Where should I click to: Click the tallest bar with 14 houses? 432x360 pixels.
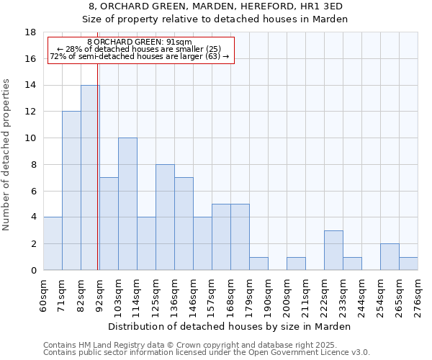pyautogui.click(x=90, y=178)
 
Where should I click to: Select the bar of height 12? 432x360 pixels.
pyautogui.click(x=71, y=191)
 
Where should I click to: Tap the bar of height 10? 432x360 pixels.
pyautogui.click(x=127, y=204)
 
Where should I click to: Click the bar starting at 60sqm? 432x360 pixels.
pyautogui.click(x=53, y=243)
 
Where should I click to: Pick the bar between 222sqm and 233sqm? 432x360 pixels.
pyautogui.click(x=333, y=250)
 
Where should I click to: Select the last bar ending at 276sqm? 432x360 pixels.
pyautogui.click(x=408, y=264)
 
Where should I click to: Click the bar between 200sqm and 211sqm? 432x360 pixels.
pyautogui.click(x=296, y=264)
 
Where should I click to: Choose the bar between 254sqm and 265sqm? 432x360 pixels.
pyautogui.click(x=390, y=257)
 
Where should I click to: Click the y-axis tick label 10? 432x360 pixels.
pyautogui.click(x=30, y=138)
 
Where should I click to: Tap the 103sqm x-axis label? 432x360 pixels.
pyautogui.click(x=119, y=294)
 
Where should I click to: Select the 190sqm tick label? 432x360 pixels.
pyautogui.click(x=269, y=294)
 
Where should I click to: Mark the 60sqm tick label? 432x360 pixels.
pyautogui.click(x=44, y=294)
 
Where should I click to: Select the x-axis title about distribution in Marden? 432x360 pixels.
pyautogui.click(x=233, y=326)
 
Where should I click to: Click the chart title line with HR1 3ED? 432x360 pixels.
pyautogui.click(x=216, y=6)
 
